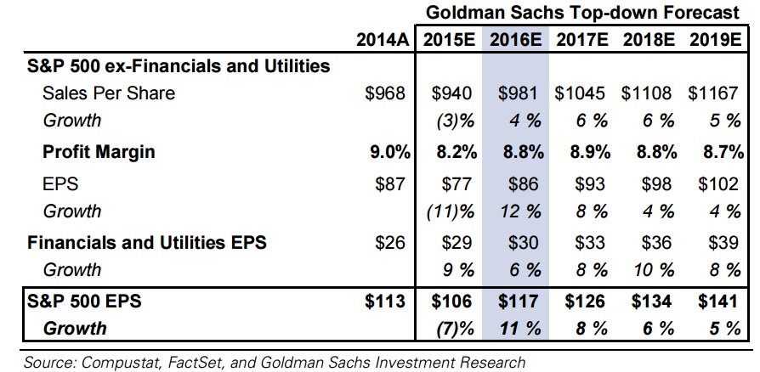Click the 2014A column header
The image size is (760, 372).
point(383,39)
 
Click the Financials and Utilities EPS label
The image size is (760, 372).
point(147,242)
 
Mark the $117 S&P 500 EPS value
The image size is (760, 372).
point(519,300)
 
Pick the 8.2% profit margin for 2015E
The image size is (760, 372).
point(451,153)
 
